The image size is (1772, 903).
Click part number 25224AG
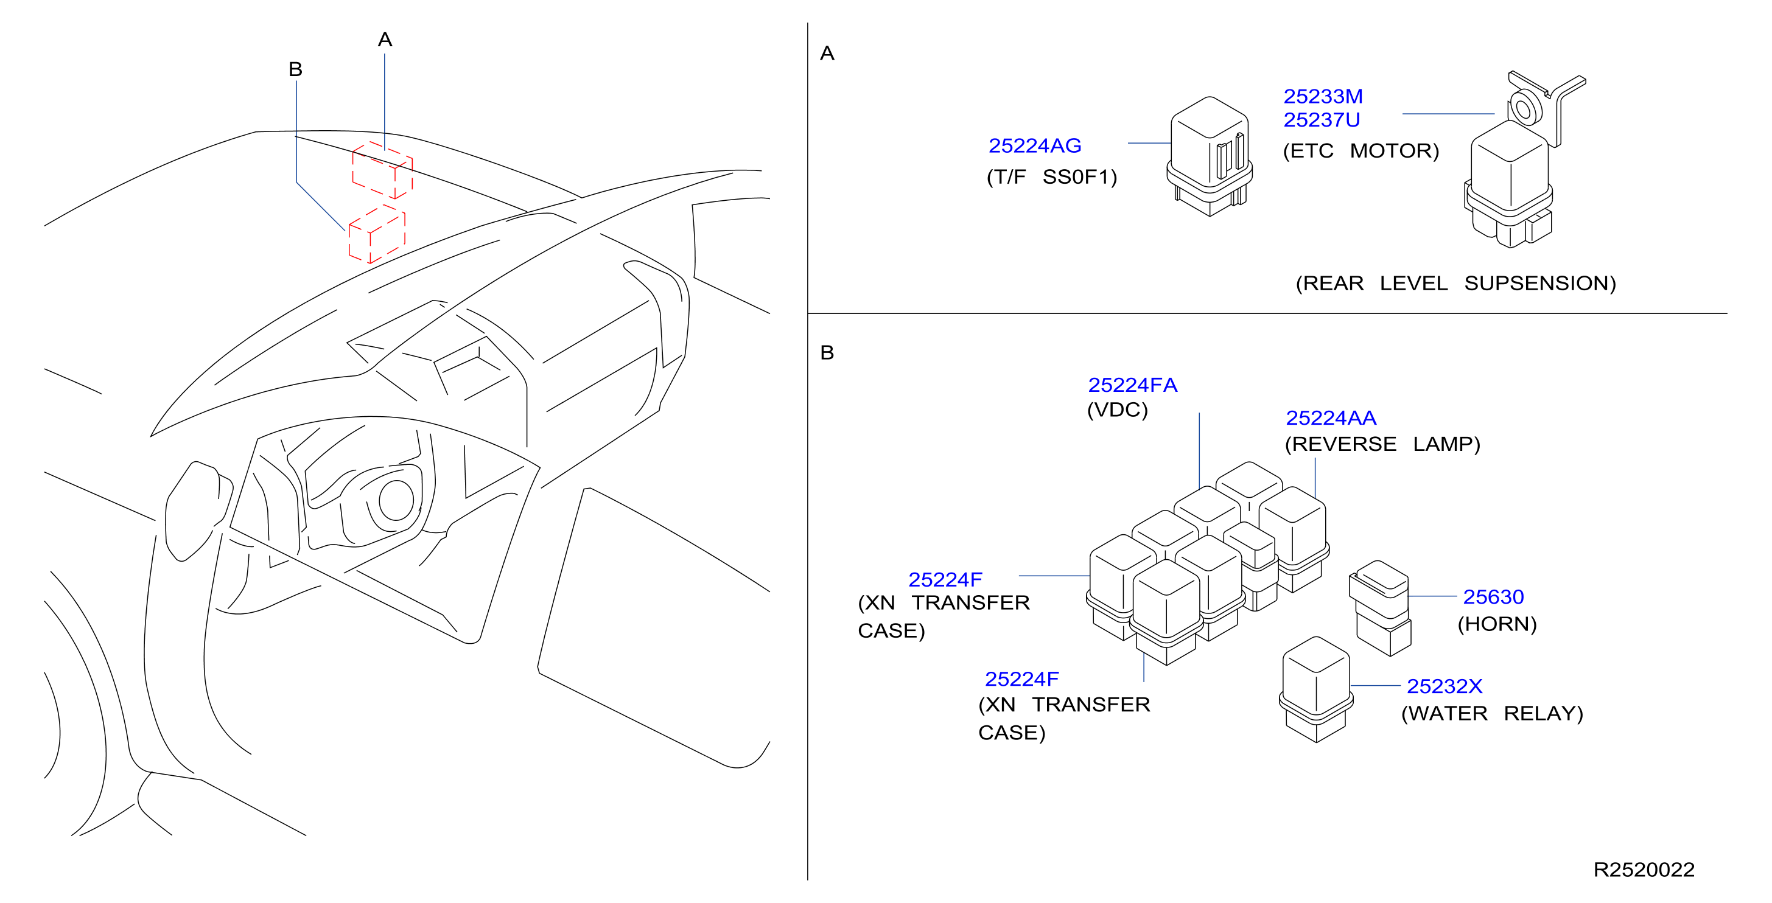(1035, 146)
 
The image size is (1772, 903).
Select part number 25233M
(1323, 96)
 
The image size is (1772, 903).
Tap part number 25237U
(1322, 120)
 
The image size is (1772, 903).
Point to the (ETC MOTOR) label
(1361, 151)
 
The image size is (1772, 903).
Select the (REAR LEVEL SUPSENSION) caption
(1455, 283)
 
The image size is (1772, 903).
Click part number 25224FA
(1132, 385)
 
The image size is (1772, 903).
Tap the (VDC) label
(1117, 410)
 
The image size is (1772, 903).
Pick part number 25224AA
(1331, 418)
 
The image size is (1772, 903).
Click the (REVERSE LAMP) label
(1382, 444)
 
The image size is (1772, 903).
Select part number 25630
(1493, 597)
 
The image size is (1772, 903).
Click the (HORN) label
(1497, 624)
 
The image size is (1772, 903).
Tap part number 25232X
(1444, 686)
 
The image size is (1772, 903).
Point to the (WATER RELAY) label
(1492, 713)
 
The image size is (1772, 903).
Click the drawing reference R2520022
(1644, 870)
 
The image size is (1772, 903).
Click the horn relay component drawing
(1380, 608)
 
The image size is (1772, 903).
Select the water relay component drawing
(1315, 689)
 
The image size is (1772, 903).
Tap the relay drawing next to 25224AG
(1210, 156)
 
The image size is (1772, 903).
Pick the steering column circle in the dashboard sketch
(396, 500)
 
